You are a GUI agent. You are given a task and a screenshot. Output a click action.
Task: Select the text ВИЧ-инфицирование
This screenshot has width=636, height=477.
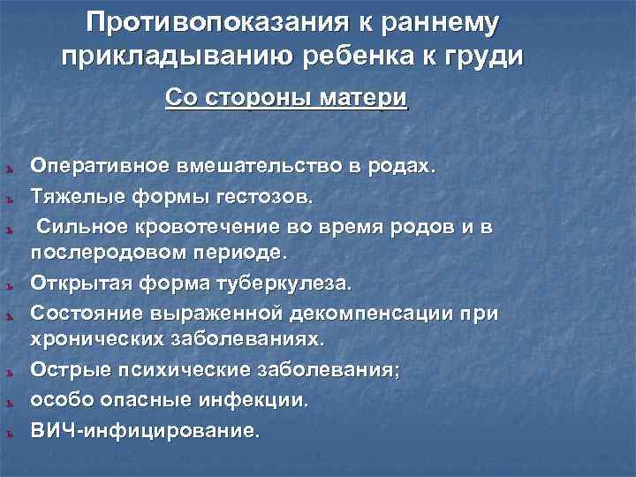146,431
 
